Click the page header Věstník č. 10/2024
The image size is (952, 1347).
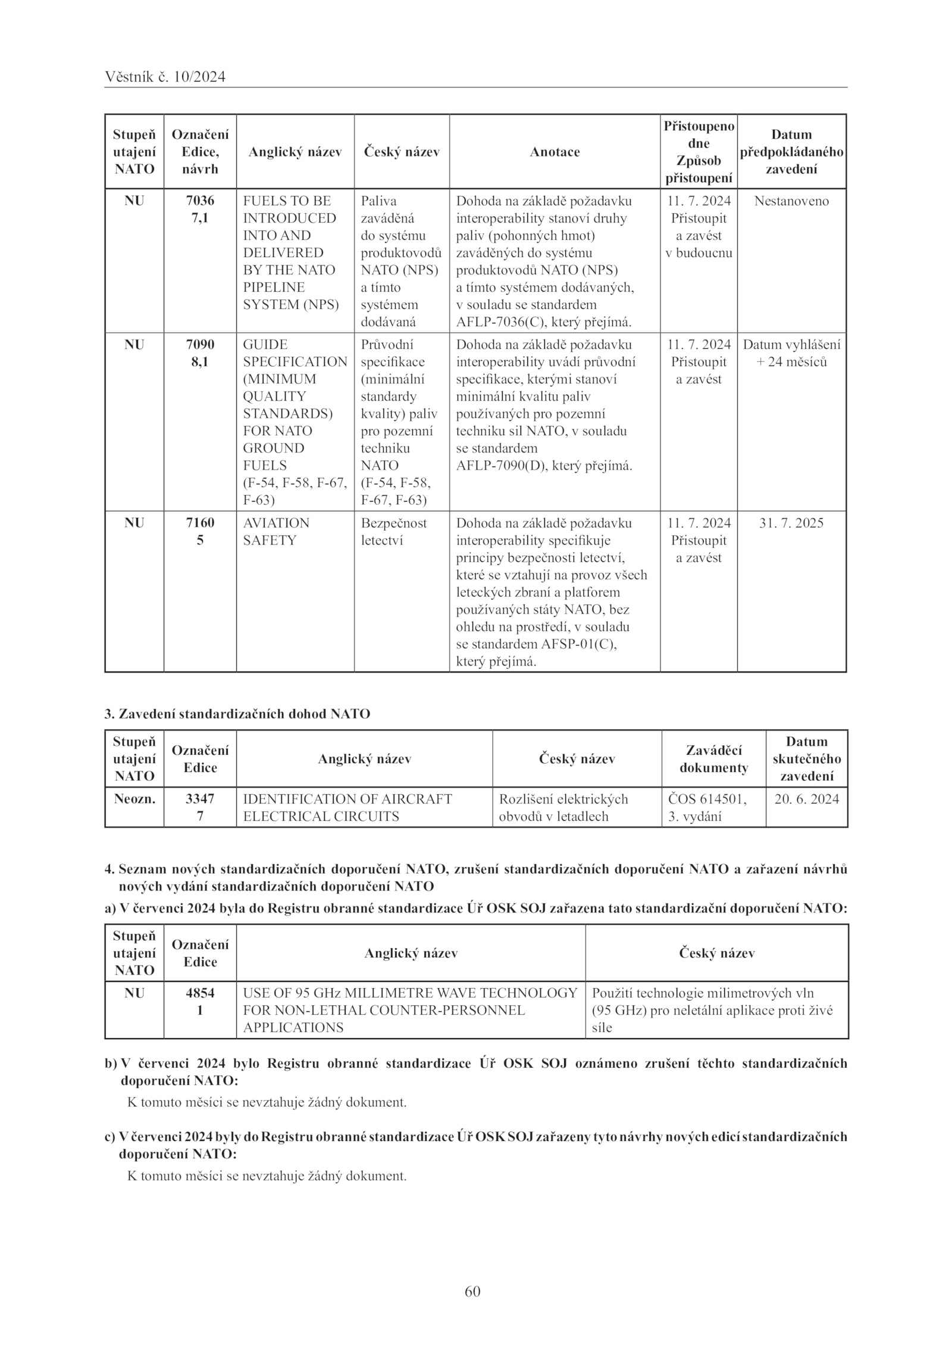click(165, 77)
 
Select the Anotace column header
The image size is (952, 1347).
click(555, 152)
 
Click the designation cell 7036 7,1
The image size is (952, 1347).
click(200, 210)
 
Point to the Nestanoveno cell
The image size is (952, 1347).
click(791, 201)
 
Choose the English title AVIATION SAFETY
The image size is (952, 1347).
click(276, 532)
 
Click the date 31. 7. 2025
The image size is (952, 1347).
click(791, 523)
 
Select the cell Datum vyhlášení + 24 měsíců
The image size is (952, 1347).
click(791, 353)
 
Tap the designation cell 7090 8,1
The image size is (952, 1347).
click(200, 353)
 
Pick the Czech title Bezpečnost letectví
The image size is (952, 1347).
click(393, 532)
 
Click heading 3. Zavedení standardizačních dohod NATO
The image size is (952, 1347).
click(237, 714)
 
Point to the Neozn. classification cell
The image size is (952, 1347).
click(134, 799)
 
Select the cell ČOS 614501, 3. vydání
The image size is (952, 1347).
click(707, 807)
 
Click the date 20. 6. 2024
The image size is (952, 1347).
click(806, 799)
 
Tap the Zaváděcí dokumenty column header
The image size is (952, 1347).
click(713, 759)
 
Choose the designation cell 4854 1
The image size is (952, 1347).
click(200, 1002)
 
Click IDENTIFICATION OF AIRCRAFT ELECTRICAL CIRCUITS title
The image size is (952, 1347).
click(347, 807)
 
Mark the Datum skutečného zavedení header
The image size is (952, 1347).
click(806, 759)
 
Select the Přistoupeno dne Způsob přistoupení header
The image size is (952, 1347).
click(699, 152)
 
